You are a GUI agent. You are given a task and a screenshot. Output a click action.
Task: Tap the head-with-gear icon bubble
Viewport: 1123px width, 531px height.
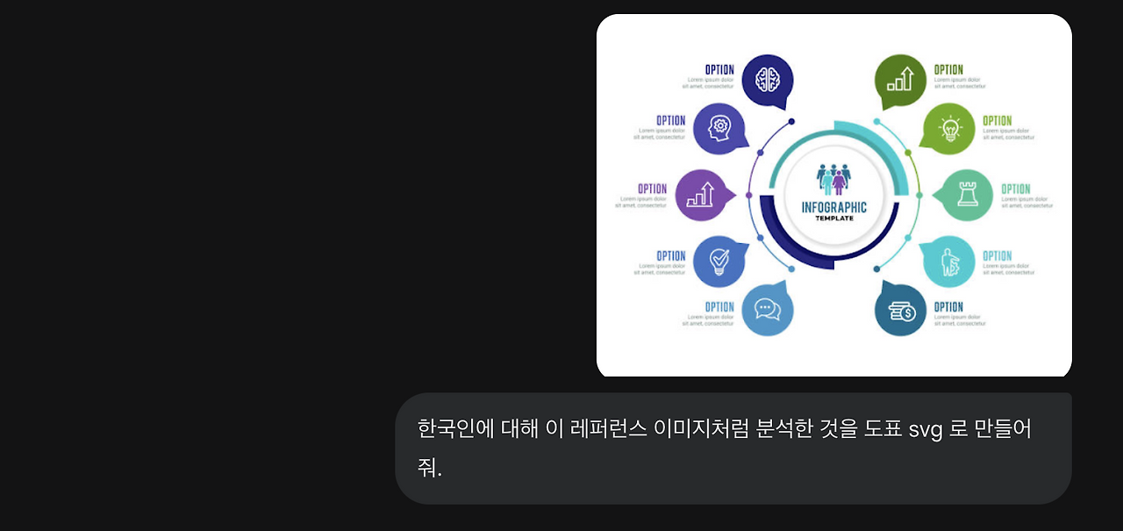coord(719,129)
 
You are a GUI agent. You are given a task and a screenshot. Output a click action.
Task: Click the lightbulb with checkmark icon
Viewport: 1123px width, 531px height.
coord(719,261)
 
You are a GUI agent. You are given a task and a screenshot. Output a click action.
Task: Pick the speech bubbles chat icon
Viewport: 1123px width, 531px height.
coord(768,310)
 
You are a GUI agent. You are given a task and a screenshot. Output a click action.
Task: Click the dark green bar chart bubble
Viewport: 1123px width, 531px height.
coord(900,80)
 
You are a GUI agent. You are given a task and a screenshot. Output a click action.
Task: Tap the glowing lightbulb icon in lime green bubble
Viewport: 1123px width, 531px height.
coord(949,129)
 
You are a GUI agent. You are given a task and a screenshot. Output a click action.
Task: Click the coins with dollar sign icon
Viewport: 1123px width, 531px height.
coord(901,311)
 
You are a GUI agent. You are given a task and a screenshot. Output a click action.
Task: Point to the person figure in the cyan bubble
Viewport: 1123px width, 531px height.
coord(948,262)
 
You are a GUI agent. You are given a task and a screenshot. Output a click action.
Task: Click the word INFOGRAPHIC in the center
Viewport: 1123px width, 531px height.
coord(834,207)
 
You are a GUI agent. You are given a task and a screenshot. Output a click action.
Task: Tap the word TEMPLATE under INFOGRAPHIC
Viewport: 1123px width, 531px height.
coord(834,219)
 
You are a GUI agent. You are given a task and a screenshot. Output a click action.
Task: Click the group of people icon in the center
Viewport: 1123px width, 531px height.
coord(833,178)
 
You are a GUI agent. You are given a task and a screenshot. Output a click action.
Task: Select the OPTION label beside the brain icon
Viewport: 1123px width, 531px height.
coord(719,69)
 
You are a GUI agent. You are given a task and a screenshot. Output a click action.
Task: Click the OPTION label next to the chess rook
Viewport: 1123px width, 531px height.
coord(1016,189)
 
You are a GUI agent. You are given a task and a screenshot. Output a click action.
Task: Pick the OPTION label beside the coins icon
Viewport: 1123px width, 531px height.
coord(948,307)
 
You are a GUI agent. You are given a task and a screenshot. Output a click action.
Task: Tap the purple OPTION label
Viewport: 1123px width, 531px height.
coord(652,189)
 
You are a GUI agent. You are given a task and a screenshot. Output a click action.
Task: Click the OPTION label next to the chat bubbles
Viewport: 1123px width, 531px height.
coord(719,307)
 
